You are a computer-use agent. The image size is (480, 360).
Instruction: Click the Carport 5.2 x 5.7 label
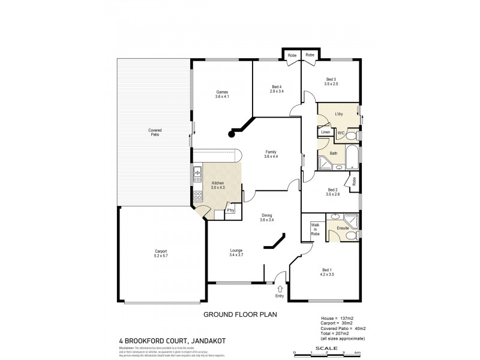click(160, 253)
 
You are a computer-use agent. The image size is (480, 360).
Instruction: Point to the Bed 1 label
click(326, 269)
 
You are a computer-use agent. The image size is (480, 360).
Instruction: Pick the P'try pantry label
click(230, 211)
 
